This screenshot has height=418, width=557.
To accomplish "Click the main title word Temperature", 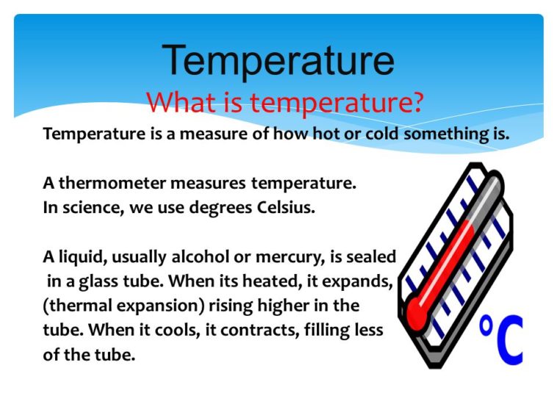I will pos(278,60).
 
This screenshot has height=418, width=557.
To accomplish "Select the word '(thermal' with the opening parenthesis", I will pos(76,305).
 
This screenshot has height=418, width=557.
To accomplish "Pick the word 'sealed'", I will pos(372,256).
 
